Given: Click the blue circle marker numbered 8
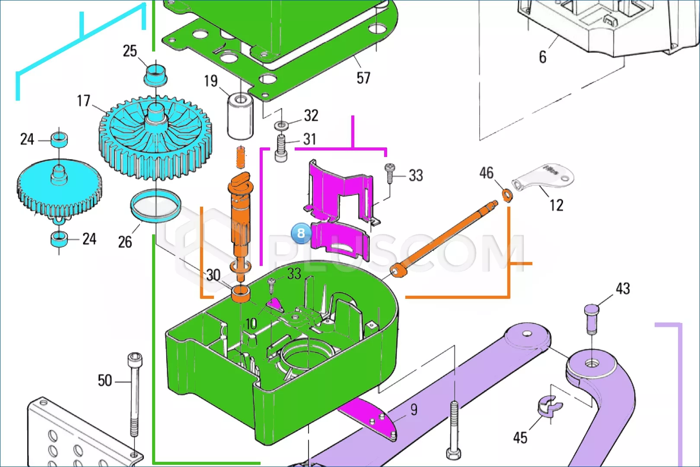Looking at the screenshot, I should coord(301,233).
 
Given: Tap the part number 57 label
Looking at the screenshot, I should coord(363,78).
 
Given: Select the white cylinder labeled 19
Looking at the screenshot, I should coord(240,116).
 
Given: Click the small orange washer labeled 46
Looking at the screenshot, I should coord(507,195).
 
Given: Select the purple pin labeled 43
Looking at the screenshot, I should coord(591,319).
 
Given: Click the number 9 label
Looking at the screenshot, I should coord(414,409).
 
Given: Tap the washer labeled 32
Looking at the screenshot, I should coord(281,125).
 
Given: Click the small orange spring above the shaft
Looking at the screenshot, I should coord(241,157).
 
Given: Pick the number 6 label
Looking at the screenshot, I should coord(542,57).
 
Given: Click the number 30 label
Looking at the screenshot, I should coord(213,275).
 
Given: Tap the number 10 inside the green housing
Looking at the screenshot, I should coord(251,323).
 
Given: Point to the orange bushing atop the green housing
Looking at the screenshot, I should coord(241,294).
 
